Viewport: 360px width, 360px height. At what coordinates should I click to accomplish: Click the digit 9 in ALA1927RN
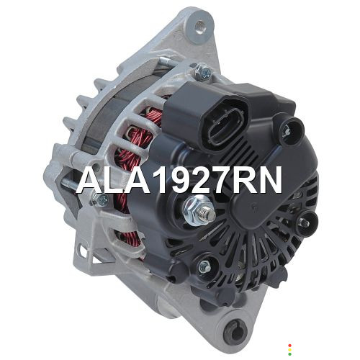pyautogui.click(x=180, y=180)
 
